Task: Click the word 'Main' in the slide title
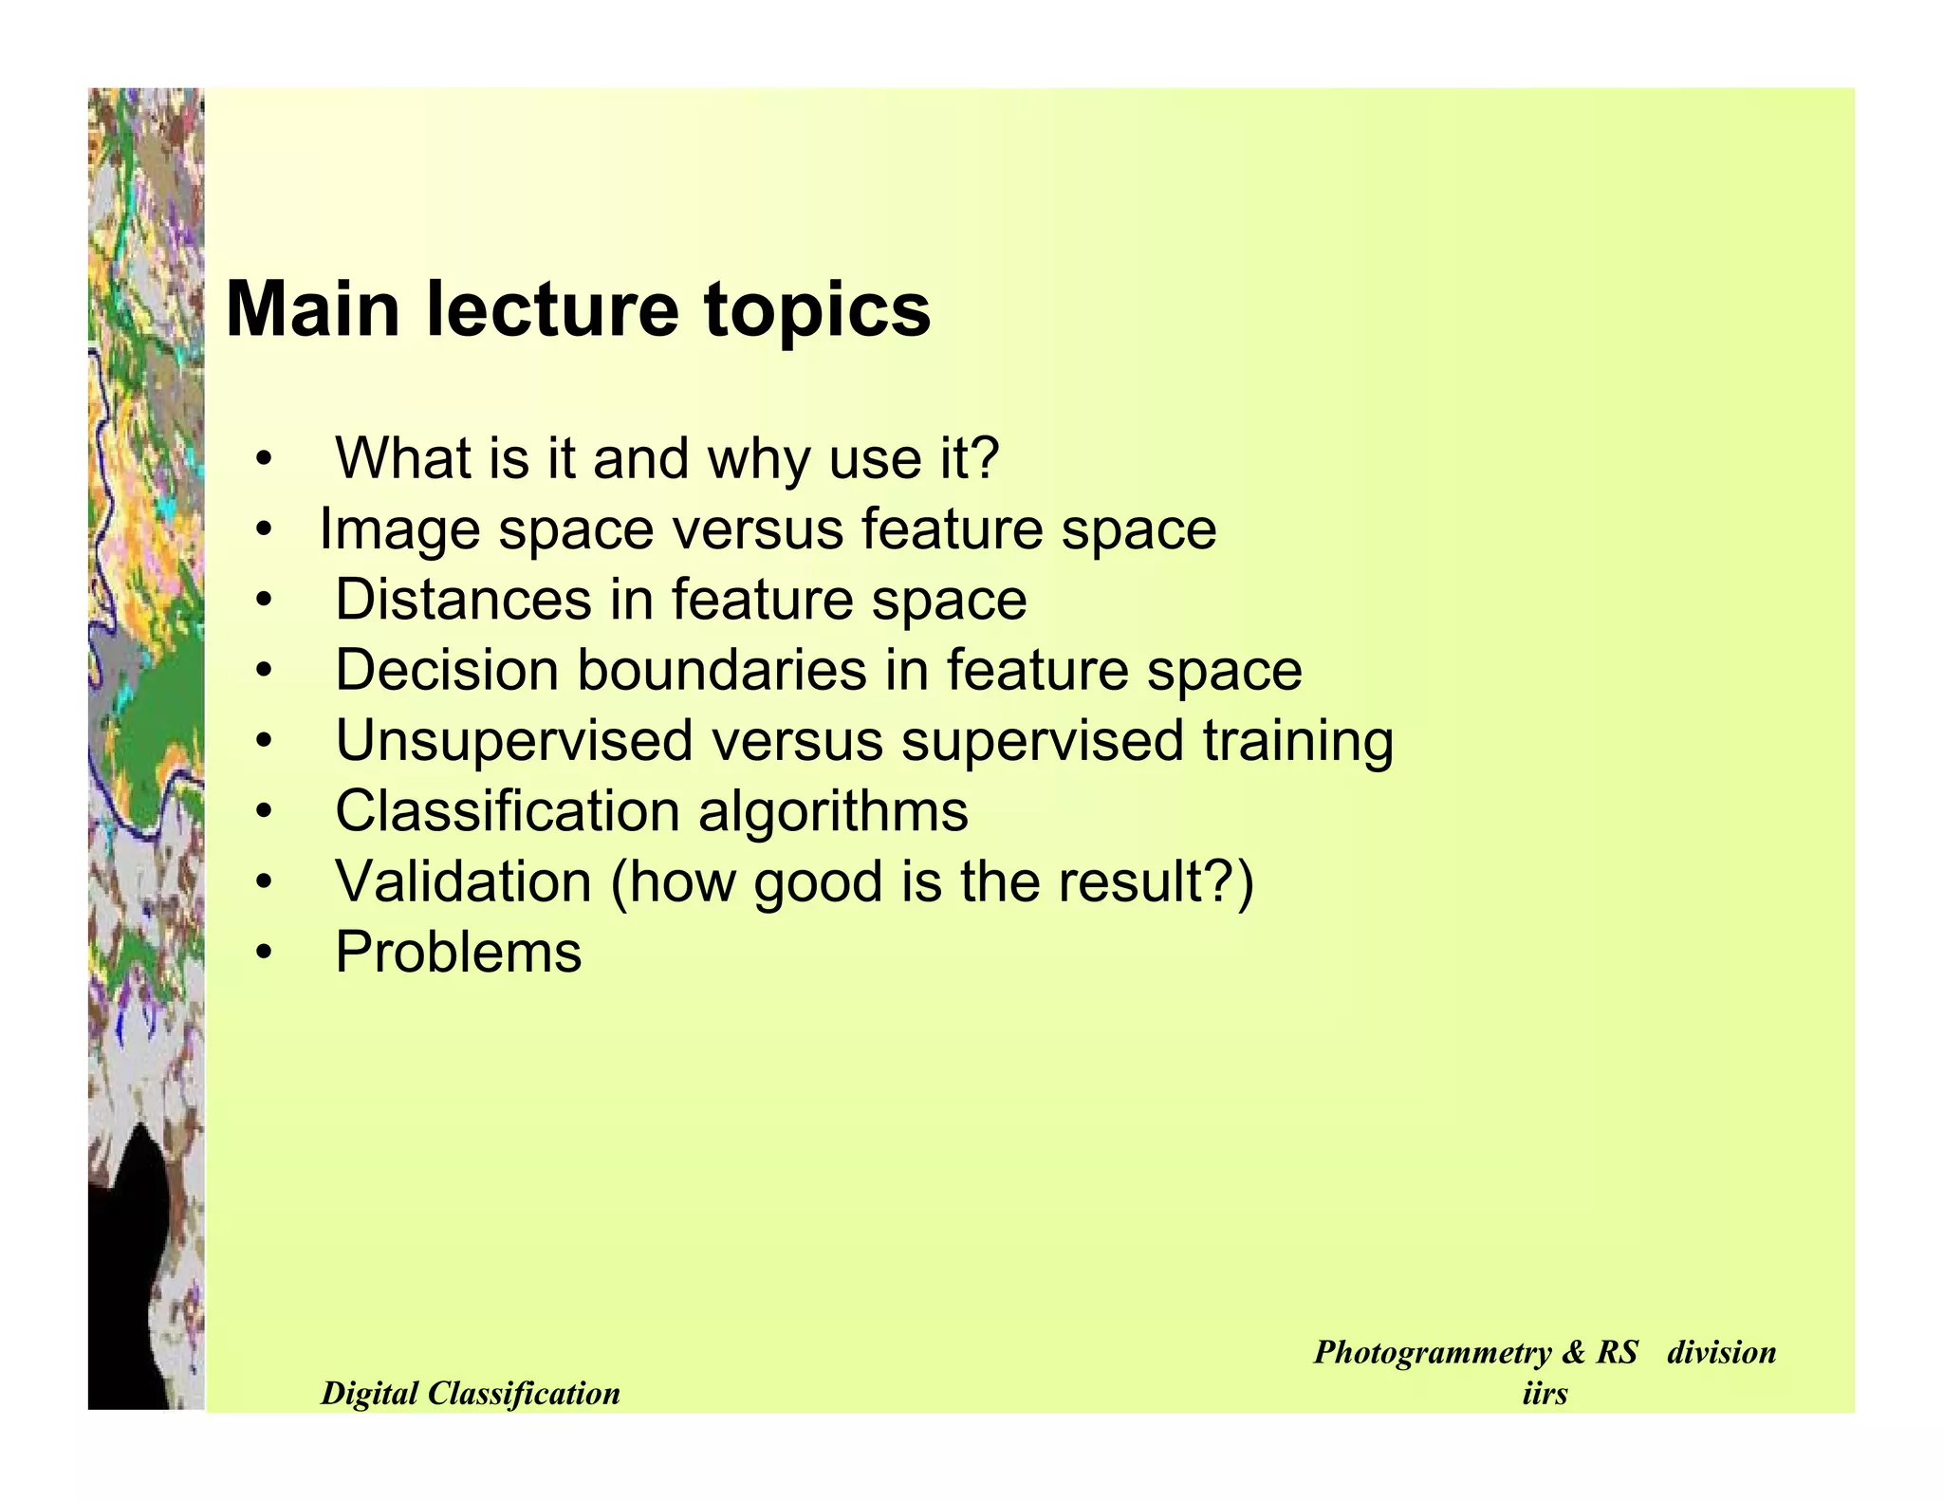pyautogui.click(x=313, y=309)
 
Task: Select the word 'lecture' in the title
pyautogui.click(x=553, y=309)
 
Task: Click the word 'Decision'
pyautogui.click(x=447, y=670)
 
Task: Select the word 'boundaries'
pyautogui.click(x=722, y=670)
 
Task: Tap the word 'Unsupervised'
pyautogui.click(x=513, y=740)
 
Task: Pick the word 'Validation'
pyautogui.click(x=463, y=881)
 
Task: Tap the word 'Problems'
pyautogui.click(x=458, y=952)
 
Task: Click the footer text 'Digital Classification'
pyautogui.click(x=471, y=1393)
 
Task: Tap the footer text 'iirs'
pyautogui.click(x=1544, y=1393)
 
